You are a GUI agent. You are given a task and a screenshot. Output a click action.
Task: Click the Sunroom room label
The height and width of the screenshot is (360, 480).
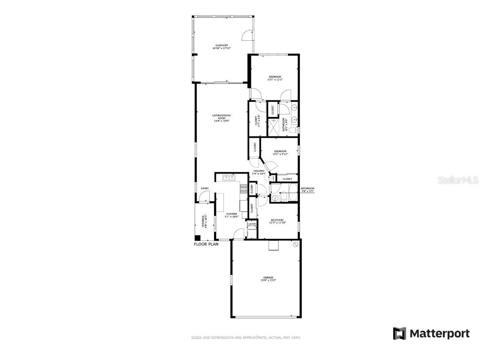[221, 46]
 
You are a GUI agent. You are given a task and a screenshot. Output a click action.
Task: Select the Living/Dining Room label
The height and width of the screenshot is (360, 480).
[222, 118]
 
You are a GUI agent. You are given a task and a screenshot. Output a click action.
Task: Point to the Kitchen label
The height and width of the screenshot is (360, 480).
[231, 215]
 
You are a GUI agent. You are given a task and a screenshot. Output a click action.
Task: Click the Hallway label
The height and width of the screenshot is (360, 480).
[259, 172]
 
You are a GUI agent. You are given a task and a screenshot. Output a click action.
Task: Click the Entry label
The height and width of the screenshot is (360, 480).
[204, 189]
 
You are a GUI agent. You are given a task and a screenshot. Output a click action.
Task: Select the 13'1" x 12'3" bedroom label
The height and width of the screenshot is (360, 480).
[274, 78]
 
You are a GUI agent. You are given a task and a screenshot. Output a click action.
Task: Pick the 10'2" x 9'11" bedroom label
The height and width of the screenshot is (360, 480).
[280, 153]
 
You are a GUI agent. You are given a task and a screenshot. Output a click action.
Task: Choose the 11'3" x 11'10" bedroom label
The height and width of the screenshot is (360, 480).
[277, 221]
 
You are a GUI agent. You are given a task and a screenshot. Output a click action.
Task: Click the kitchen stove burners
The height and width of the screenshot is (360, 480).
[243, 189]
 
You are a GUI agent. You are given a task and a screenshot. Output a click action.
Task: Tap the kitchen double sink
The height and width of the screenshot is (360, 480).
[229, 178]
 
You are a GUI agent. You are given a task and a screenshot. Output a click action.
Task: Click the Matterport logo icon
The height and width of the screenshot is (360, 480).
[399, 333]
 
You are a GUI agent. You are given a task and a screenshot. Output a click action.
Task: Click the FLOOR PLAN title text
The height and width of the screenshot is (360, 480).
[206, 244]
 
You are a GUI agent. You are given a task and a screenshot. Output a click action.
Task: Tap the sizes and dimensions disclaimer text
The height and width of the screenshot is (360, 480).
[246, 337]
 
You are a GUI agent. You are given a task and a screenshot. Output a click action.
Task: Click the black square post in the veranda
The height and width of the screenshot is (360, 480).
[197, 238]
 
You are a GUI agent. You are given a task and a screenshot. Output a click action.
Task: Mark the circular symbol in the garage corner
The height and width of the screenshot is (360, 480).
[296, 244]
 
